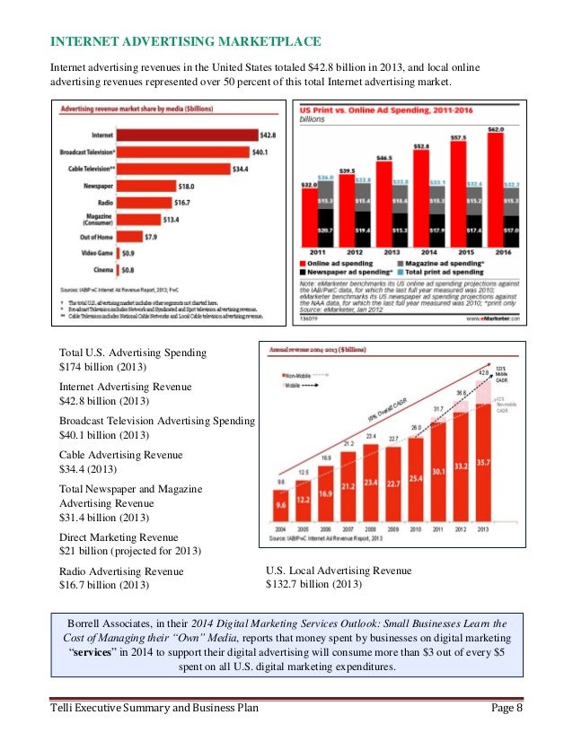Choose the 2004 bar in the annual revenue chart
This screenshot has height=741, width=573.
click(x=281, y=504)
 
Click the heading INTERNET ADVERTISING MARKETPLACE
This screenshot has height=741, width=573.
click(x=184, y=43)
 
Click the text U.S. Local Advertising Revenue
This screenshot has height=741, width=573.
click(x=339, y=570)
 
